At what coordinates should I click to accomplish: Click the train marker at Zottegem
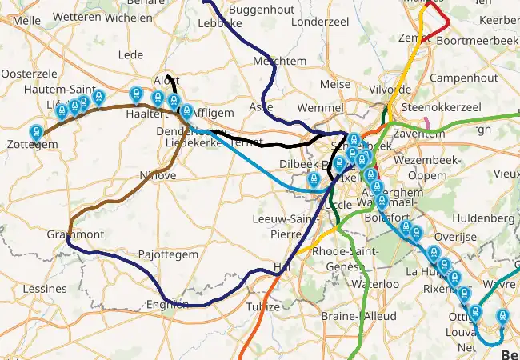point(36,133)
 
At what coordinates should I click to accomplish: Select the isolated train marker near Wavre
point(503,318)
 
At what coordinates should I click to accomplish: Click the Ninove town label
point(157,175)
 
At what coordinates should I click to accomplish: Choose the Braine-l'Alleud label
point(358,316)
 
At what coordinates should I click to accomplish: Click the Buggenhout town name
point(257,10)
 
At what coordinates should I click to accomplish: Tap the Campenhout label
point(463,78)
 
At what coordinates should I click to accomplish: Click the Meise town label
point(334,83)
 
